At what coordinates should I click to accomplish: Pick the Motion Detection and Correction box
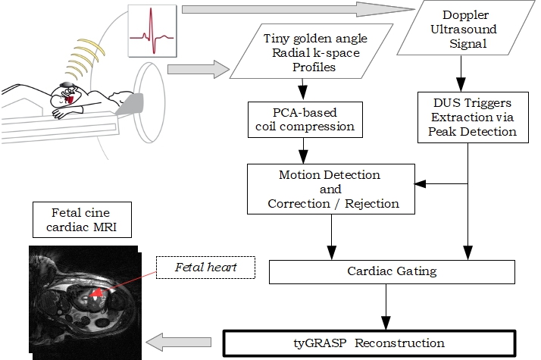[x=330, y=189]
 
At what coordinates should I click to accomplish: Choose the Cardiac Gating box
[x=391, y=271]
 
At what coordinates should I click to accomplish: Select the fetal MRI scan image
[x=83, y=300]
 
